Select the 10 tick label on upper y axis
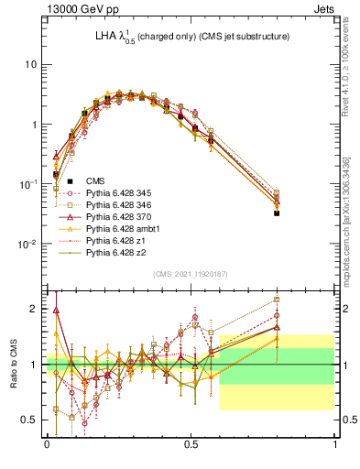(30, 64)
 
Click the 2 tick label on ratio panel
(35, 309)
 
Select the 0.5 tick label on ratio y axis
(30, 420)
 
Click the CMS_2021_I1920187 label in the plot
(191, 274)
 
